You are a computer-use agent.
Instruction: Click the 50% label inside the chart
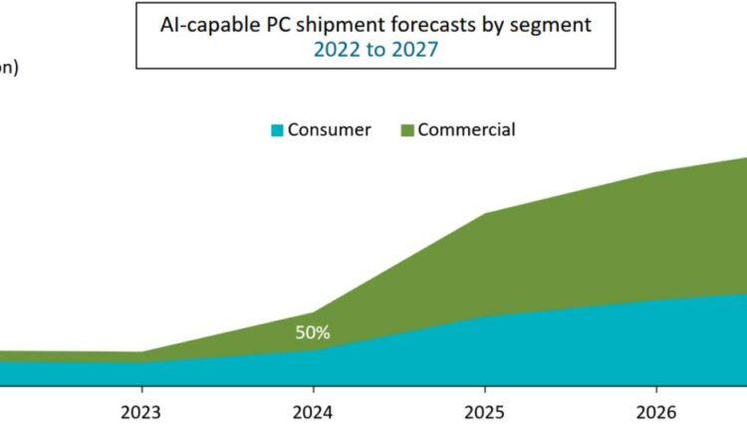click(312, 332)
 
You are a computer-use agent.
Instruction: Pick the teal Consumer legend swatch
click(278, 130)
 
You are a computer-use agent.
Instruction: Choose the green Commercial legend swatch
click(406, 130)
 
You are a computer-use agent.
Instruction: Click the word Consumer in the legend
click(329, 130)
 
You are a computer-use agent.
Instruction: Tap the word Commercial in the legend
click(466, 130)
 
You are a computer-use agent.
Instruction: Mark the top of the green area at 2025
click(484, 214)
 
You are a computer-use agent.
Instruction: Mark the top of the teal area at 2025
click(484, 318)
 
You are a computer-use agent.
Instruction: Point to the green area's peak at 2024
click(313, 313)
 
